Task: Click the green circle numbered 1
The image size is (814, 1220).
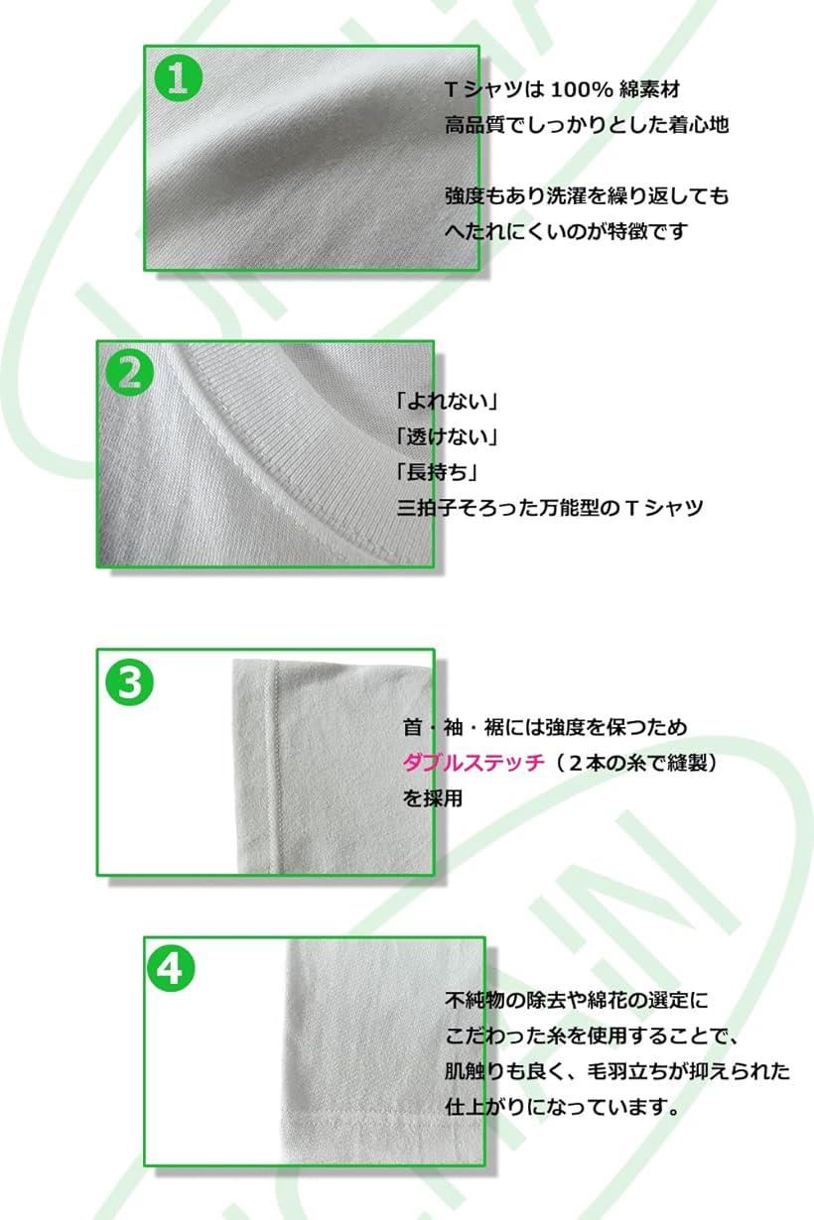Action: click(x=178, y=77)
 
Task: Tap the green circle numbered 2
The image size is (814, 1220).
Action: click(x=130, y=372)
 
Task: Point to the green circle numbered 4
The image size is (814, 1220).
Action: click(x=171, y=968)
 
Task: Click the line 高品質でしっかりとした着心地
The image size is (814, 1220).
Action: click(x=587, y=125)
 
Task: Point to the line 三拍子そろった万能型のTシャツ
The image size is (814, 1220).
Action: click(x=549, y=508)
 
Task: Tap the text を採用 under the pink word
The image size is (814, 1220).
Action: click(x=432, y=797)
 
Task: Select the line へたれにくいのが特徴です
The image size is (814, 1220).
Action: click(x=566, y=231)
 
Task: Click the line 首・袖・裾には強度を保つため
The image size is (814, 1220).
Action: click(x=544, y=728)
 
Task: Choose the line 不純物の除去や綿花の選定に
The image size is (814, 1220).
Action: click(x=577, y=1000)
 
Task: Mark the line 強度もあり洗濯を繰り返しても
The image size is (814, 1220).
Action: click(x=587, y=196)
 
